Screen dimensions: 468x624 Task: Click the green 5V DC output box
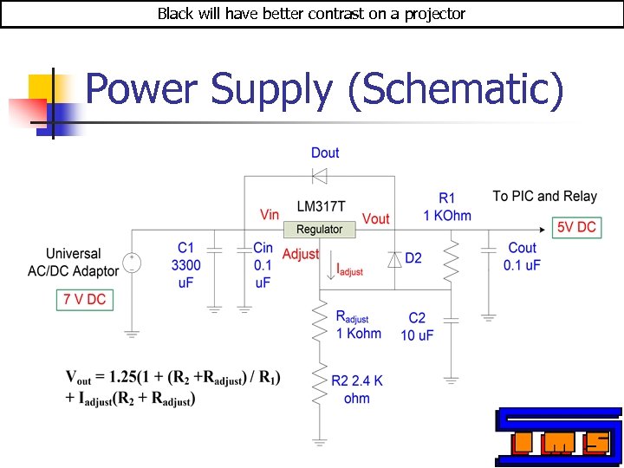576,228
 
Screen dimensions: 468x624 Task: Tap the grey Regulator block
319,230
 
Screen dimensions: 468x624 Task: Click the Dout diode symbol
319,176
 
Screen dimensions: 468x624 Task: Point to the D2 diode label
413,258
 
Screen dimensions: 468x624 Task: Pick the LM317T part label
321,206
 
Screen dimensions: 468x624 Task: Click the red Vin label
270,214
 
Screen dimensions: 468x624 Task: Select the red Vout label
376,218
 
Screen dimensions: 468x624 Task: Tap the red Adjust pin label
301,254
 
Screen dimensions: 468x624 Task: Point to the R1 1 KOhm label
446,207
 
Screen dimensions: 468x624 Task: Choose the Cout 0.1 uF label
522,257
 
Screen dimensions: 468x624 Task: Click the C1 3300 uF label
186,265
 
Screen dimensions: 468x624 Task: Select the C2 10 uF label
417,327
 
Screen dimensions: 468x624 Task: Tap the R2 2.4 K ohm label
356,389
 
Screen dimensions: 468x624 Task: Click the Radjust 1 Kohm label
358,324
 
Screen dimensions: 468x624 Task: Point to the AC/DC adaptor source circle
132,263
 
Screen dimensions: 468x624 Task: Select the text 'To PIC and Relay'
545,197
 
